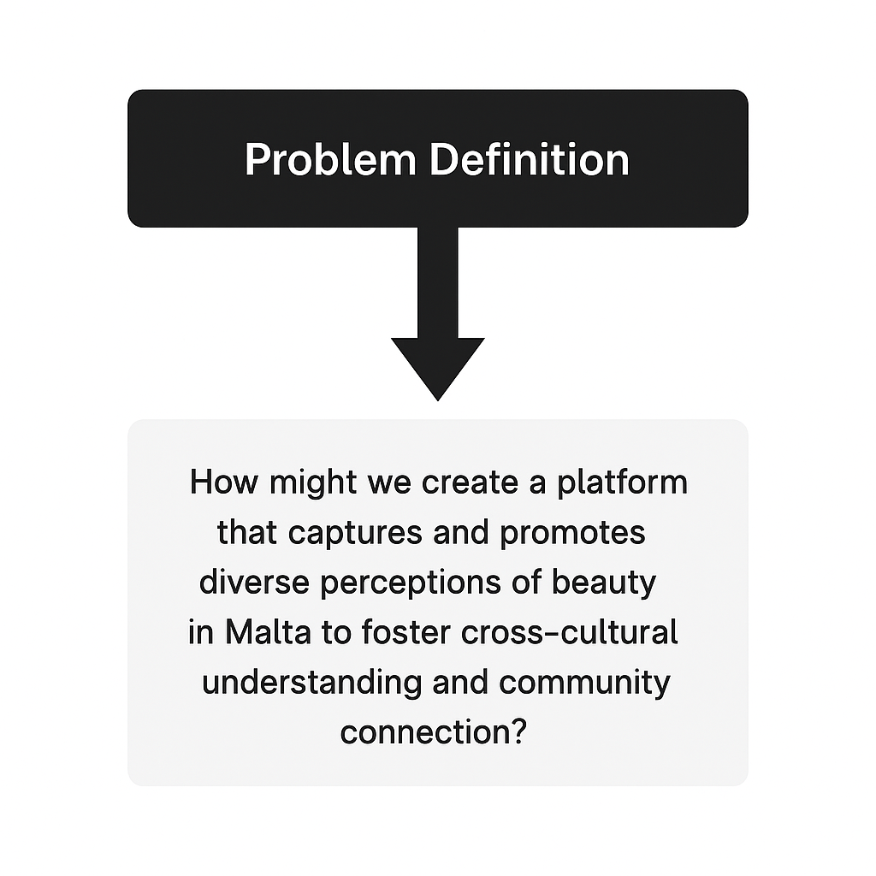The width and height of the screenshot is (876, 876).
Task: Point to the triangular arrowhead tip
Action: pyautogui.click(x=437, y=395)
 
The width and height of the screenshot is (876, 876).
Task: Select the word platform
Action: pyautogui.click(x=623, y=482)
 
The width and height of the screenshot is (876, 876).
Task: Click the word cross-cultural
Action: pyautogui.click(x=569, y=633)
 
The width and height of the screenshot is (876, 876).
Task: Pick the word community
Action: pyautogui.click(x=584, y=684)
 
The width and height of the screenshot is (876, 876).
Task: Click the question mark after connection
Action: pyautogui.click(x=517, y=732)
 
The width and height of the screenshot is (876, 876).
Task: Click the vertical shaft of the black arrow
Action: pyautogui.click(x=437, y=282)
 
